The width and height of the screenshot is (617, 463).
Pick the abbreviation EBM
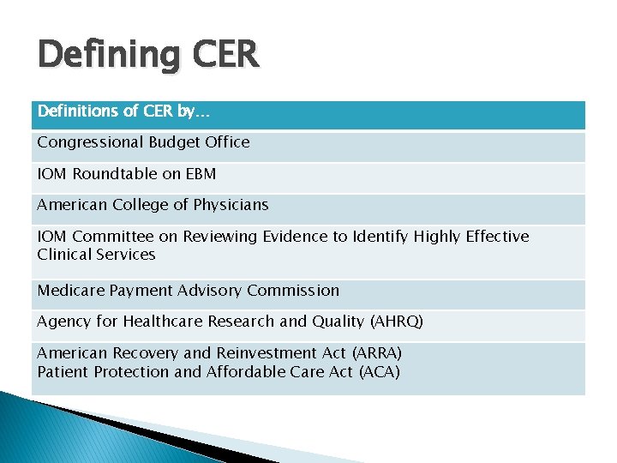click(199, 174)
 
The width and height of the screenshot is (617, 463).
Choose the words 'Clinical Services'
click(96, 255)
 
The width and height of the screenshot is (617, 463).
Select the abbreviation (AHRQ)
click(395, 322)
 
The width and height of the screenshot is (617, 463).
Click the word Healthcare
click(165, 322)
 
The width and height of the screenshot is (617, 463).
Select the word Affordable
click(249, 372)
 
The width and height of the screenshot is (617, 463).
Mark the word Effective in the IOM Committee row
click(498, 237)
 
